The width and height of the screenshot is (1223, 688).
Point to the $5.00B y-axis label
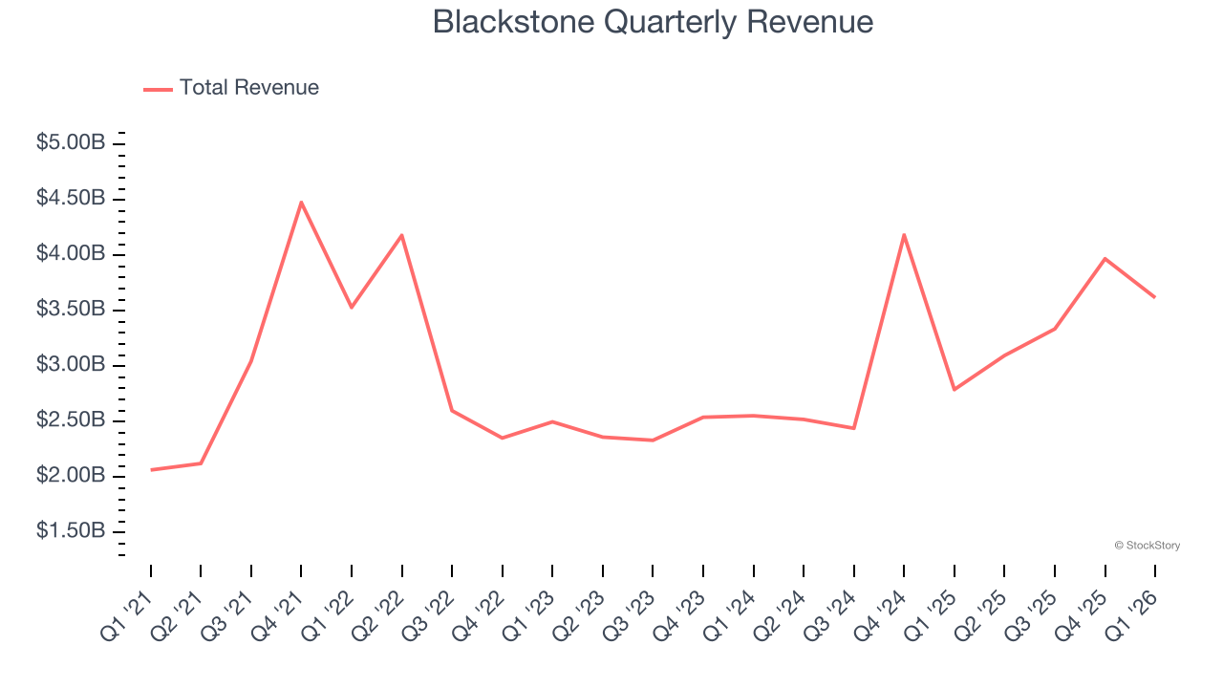point(71,143)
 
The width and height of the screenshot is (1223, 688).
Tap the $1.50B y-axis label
point(71,531)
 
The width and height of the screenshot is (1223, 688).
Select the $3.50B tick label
point(71,310)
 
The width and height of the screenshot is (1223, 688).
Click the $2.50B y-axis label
point(71,420)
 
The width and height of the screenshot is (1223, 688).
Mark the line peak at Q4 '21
point(301,203)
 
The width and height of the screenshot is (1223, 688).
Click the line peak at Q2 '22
point(401,235)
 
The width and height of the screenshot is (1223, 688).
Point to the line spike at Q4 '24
point(904,235)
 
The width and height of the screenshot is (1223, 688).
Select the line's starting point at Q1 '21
point(151,470)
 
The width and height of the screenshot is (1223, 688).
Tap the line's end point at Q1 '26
point(1154,297)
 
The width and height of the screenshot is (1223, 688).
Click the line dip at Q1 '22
point(352,307)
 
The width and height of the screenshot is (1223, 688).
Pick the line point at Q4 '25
point(1105,259)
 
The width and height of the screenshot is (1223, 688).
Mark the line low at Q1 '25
point(954,390)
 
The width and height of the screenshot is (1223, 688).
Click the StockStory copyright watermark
point(1147,546)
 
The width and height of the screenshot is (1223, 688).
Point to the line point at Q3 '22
point(452,411)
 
